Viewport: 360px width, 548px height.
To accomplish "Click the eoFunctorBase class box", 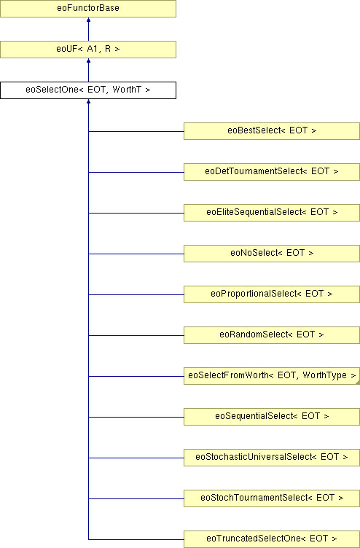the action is click(x=88, y=9).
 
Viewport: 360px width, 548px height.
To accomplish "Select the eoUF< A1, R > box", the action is click(x=88, y=50).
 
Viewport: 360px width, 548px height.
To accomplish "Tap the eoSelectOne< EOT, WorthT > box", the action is click(x=88, y=90).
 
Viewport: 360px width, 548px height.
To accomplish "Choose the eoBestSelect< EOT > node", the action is click(x=272, y=131).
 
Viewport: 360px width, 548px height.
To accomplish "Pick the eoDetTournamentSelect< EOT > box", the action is click(x=272, y=172).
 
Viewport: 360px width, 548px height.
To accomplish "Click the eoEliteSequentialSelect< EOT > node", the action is click(x=272, y=213).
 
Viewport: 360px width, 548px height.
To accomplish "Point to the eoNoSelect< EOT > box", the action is click(x=272, y=254).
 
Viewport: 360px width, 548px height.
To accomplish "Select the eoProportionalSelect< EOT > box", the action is click(x=272, y=294).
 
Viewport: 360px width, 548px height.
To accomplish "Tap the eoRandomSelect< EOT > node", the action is click(x=272, y=335).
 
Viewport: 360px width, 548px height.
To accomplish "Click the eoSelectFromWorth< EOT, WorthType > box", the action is click(x=272, y=376).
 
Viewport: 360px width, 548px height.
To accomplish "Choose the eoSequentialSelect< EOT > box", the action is click(x=272, y=417).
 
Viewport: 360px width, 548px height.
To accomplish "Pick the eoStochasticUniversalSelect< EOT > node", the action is click(x=272, y=458).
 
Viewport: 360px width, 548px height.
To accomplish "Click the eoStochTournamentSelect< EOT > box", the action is click(x=272, y=498).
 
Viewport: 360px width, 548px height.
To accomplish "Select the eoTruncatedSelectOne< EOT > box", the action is click(x=272, y=539).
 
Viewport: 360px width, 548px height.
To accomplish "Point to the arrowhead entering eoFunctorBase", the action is click(x=88, y=20).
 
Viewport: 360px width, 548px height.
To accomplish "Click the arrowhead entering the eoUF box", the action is click(x=88, y=60).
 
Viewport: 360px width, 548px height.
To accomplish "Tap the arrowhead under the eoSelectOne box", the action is click(x=88, y=101).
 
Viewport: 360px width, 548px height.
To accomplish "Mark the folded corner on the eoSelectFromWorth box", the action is click(x=358, y=383).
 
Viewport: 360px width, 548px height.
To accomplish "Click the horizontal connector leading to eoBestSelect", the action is click(x=136, y=131).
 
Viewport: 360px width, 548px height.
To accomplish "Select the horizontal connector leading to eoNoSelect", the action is click(x=136, y=254).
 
